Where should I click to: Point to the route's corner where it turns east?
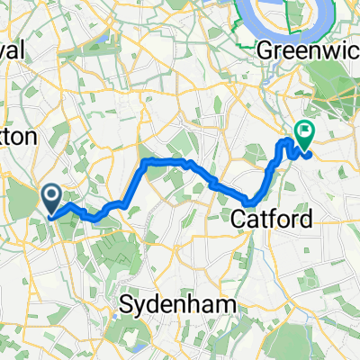click(x=145, y=162)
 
